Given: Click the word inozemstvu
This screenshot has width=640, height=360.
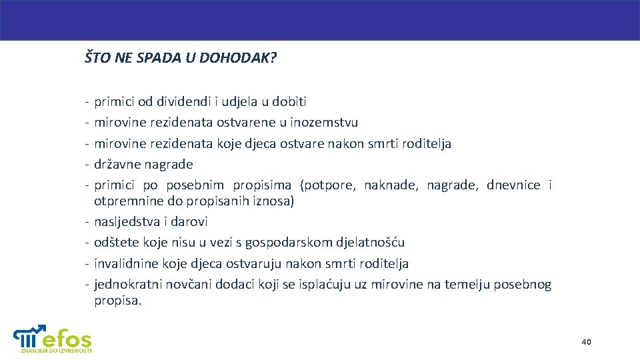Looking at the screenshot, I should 325,123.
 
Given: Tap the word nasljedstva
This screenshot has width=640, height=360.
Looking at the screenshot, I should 127,221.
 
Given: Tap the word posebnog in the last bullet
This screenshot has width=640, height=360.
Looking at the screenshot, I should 524,285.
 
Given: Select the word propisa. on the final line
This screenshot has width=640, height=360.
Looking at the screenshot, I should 118,301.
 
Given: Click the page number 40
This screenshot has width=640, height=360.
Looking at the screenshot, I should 586,342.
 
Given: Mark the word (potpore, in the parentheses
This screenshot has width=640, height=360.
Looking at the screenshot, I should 328,185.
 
